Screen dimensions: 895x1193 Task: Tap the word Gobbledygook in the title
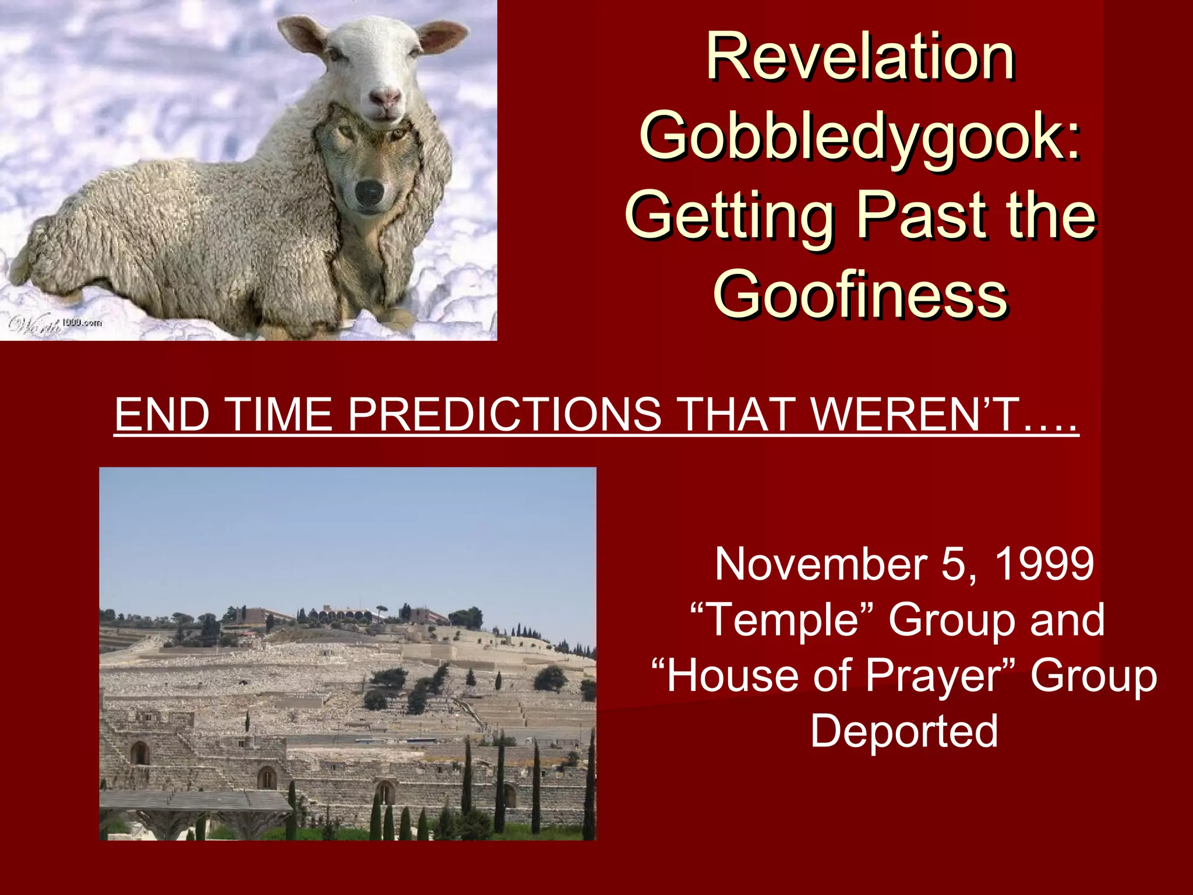point(853,138)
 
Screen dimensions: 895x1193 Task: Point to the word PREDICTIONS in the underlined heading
point(504,414)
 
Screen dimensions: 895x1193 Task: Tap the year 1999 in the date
point(1044,564)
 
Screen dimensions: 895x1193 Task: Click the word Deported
point(904,731)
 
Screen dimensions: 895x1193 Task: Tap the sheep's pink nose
point(385,98)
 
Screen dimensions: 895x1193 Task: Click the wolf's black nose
point(369,192)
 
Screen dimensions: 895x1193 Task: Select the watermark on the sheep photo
point(55,324)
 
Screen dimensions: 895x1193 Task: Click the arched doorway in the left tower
point(140,753)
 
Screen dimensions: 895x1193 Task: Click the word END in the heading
point(161,414)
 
